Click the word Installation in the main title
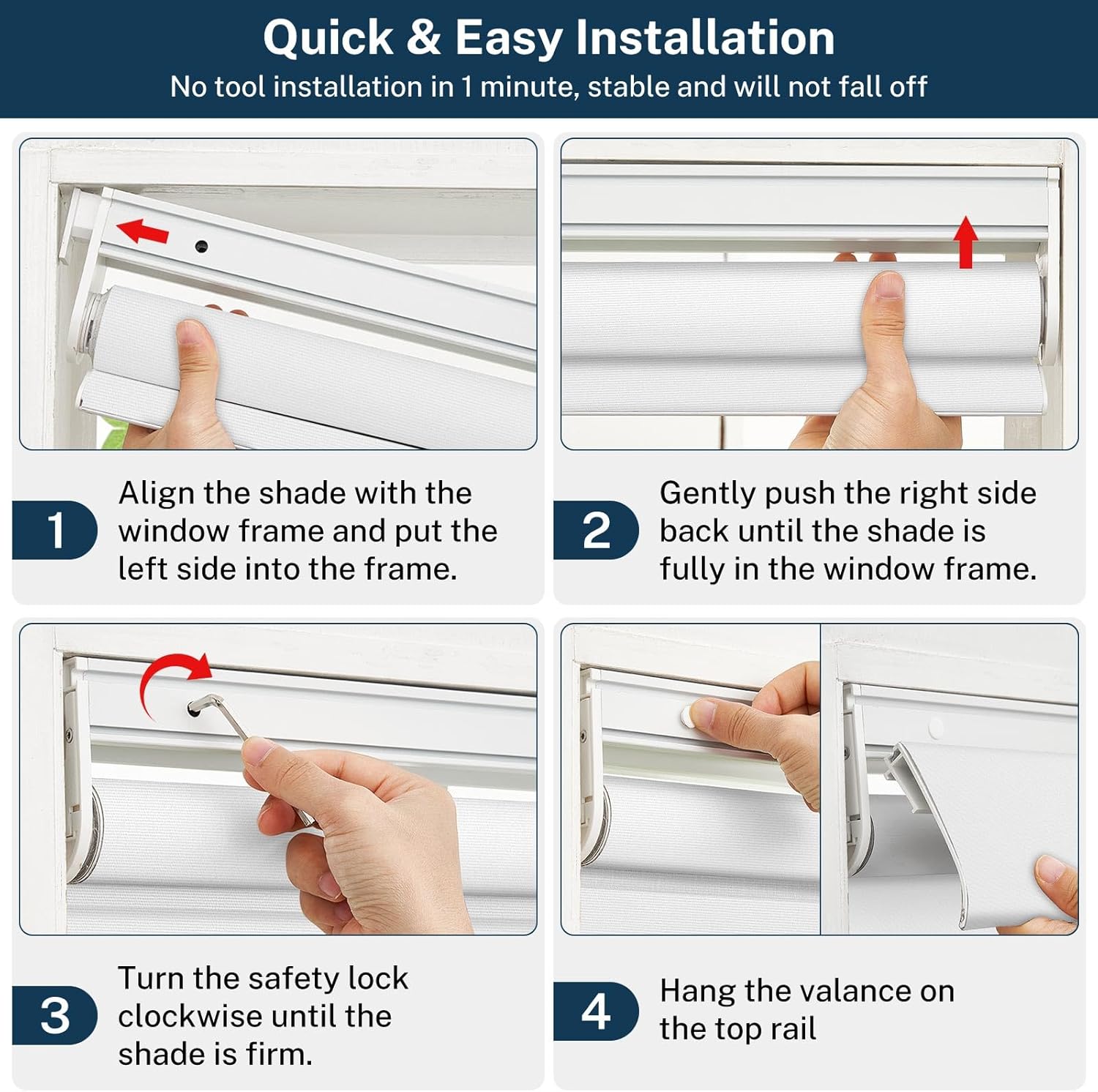click(705, 38)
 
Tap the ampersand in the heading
click(424, 38)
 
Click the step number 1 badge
click(55, 530)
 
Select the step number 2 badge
click(596, 530)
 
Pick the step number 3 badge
click(55, 1015)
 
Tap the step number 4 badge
click(596, 1011)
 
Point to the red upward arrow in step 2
click(966, 242)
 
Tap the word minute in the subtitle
click(526, 87)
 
